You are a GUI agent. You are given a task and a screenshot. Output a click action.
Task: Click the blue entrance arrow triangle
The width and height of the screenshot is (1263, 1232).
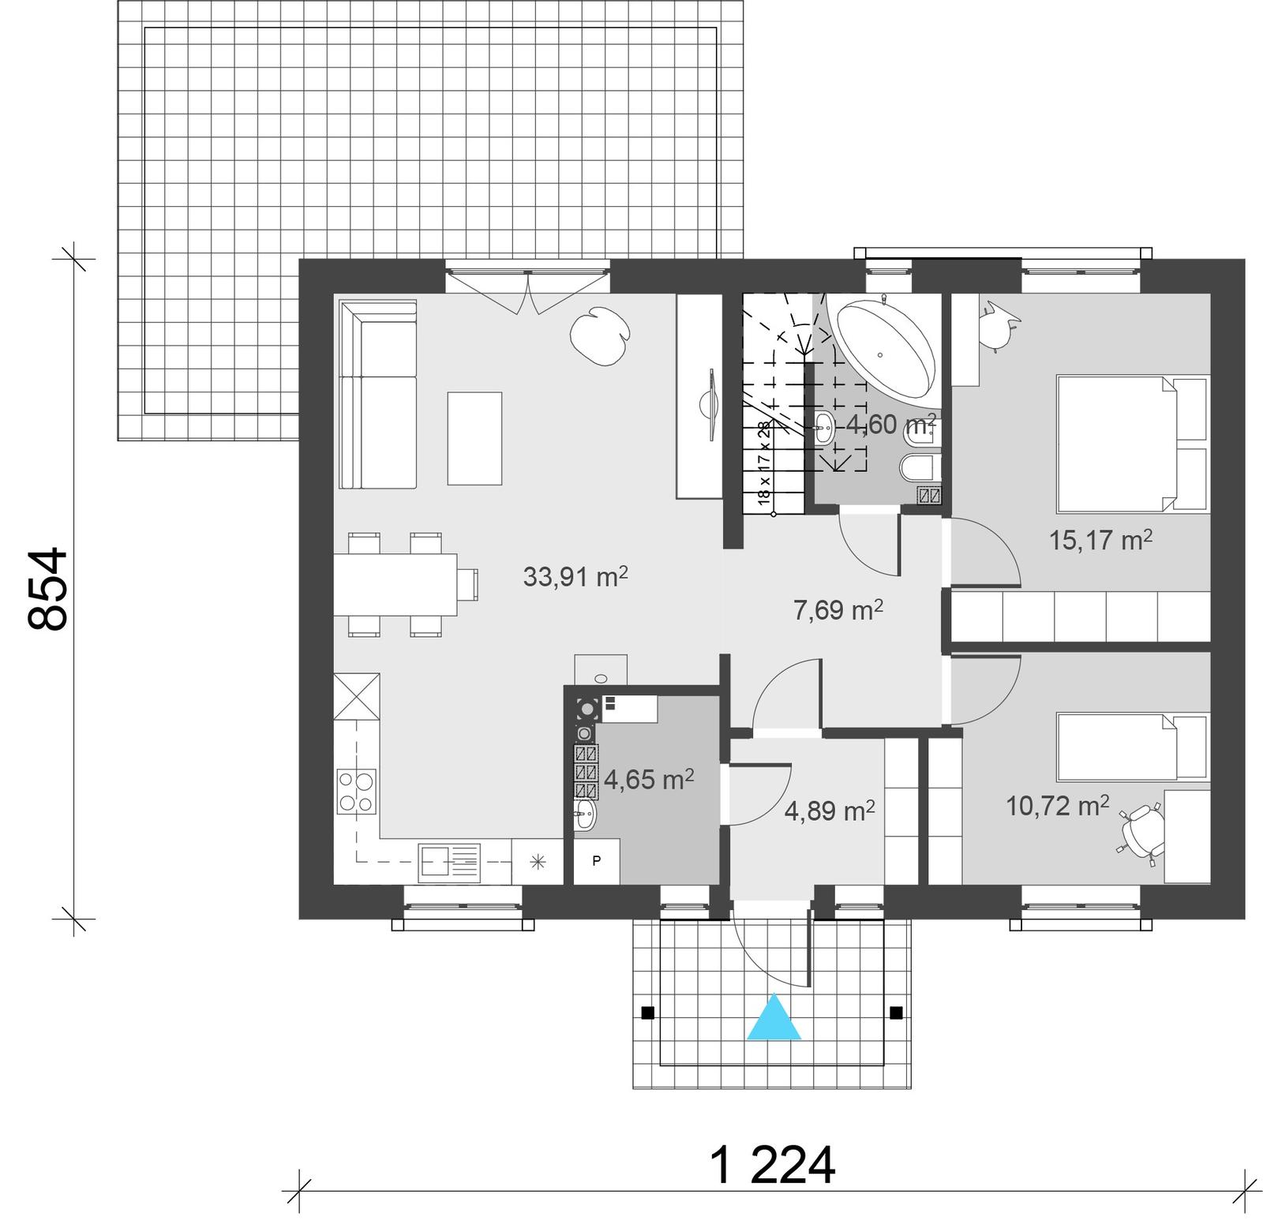pos(774,1020)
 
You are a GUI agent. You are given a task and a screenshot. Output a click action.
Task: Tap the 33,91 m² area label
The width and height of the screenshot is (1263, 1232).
pos(575,577)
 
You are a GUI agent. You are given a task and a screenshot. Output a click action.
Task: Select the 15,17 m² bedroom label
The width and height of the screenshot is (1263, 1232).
pos(1100,540)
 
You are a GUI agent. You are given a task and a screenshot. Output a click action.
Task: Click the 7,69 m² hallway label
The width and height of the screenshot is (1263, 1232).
pos(838,610)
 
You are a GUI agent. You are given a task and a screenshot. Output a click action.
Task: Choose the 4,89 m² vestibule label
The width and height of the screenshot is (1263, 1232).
pos(829,811)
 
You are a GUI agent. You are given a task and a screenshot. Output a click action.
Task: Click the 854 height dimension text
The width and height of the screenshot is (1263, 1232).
pos(49,589)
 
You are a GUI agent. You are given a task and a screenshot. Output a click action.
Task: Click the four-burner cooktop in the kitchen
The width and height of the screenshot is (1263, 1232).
pos(356,792)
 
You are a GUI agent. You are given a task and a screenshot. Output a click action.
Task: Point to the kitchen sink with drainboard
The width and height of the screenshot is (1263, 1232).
pos(449,862)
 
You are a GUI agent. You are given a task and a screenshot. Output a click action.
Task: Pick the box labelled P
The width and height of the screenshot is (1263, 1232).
pos(596,861)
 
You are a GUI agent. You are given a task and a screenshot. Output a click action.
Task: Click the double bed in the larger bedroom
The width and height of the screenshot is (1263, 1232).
pos(1130,444)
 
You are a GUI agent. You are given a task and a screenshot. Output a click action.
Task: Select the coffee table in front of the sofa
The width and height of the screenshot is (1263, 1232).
pos(474,438)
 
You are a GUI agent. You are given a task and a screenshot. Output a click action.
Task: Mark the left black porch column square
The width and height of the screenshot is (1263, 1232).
pos(647,1013)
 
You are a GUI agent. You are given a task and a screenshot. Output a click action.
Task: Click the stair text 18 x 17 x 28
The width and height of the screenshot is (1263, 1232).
pos(763,463)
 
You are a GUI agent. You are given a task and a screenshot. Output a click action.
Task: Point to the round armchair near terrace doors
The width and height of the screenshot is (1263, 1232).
pos(598,335)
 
